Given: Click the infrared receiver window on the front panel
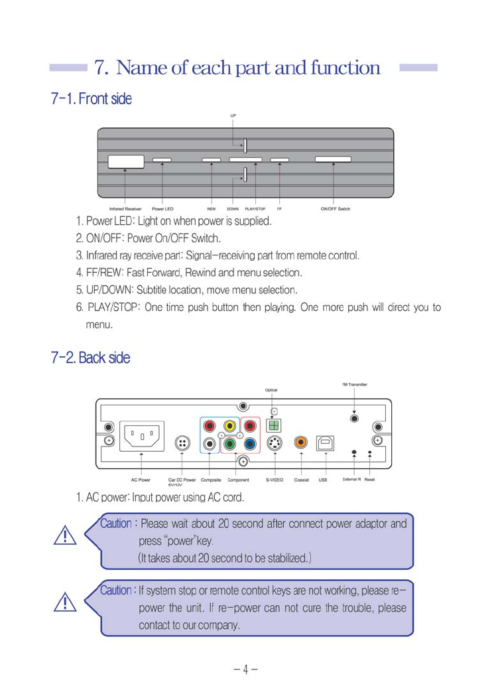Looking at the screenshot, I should (126, 161).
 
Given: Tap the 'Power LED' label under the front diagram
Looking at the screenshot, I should (162, 209).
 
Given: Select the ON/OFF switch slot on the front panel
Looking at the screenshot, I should (333, 160).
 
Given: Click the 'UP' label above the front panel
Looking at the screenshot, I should (233, 115).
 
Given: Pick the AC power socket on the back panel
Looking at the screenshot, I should (142, 438).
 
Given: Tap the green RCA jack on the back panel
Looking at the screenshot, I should (229, 445).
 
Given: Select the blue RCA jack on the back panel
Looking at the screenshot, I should (250, 445).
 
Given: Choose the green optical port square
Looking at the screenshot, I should (274, 425).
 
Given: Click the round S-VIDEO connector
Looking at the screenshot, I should (274, 444).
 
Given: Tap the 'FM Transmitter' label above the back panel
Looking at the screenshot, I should (355, 384).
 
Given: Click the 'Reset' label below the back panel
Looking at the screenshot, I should (369, 478).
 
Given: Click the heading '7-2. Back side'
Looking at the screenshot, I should (91, 358).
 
